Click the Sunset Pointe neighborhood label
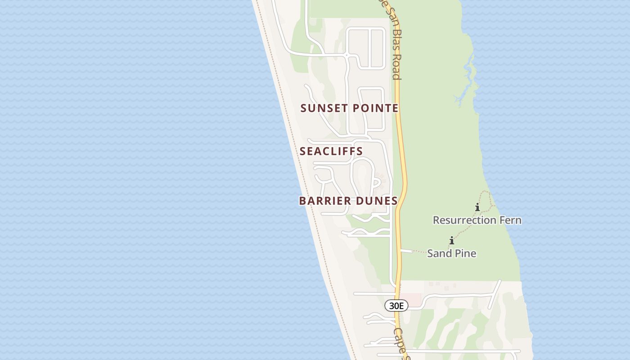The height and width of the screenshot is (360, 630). point(349,108)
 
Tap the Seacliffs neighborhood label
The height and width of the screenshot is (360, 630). point(331,151)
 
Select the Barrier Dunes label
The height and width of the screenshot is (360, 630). point(348,201)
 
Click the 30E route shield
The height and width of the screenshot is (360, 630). point(396,306)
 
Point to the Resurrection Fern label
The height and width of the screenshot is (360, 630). point(477,220)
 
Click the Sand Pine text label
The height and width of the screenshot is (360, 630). point(451,253)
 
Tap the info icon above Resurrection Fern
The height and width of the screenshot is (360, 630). point(477,207)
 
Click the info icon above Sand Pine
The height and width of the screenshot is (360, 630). point(451,241)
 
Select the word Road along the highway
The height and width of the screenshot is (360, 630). point(396,67)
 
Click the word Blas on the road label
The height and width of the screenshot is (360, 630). point(396,43)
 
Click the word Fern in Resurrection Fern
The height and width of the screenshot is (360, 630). point(509,220)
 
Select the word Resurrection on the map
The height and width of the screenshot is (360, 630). point(463,220)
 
